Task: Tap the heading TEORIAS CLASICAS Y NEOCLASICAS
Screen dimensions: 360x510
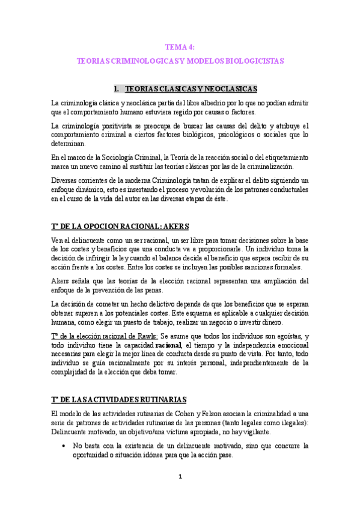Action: click(x=191, y=88)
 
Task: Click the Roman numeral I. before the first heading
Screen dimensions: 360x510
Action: click(x=116, y=88)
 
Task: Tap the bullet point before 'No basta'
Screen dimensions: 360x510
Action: click(x=64, y=446)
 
